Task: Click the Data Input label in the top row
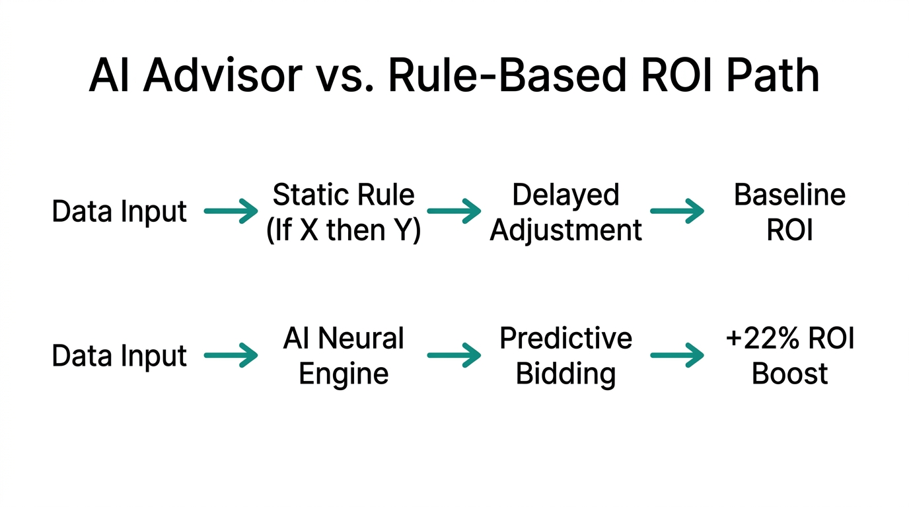[x=120, y=212]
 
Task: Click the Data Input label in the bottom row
[x=120, y=356]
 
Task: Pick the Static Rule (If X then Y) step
[x=344, y=213]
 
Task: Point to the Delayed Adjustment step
[x=566, y=213]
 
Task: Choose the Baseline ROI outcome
[x=789, y=213]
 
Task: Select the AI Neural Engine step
[x=344, y=356]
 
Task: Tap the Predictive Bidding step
[x=566, y=356]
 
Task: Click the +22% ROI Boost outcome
[x=789, y=356]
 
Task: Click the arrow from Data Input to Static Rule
[x=231, y=212]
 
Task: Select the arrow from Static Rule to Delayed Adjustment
[x=454, y=212]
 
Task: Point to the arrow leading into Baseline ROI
[x=677, y=212]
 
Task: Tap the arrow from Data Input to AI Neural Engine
[x=231, y=356]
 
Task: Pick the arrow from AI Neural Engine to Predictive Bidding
[x=454, y=356]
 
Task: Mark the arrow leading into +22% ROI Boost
[x=677, y=356]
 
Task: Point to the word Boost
[x=789, y=374]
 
